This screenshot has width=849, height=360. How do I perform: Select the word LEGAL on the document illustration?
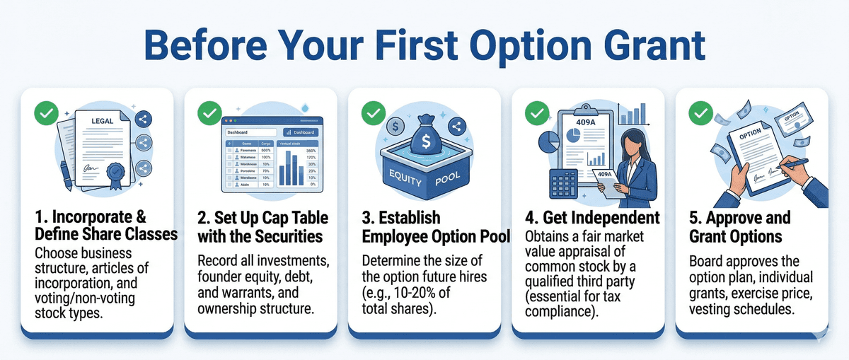coord(102,121)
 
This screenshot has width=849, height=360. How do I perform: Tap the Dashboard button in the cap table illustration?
coord(300,132)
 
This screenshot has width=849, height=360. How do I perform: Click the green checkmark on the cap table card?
coord(209,113)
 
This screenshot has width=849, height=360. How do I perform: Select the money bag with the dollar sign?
coord(426,136)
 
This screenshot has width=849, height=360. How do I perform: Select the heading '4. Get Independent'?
coord(591,217)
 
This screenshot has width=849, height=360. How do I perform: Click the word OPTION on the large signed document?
coord(749,134)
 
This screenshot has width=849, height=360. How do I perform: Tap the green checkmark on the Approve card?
coord(700,113)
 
